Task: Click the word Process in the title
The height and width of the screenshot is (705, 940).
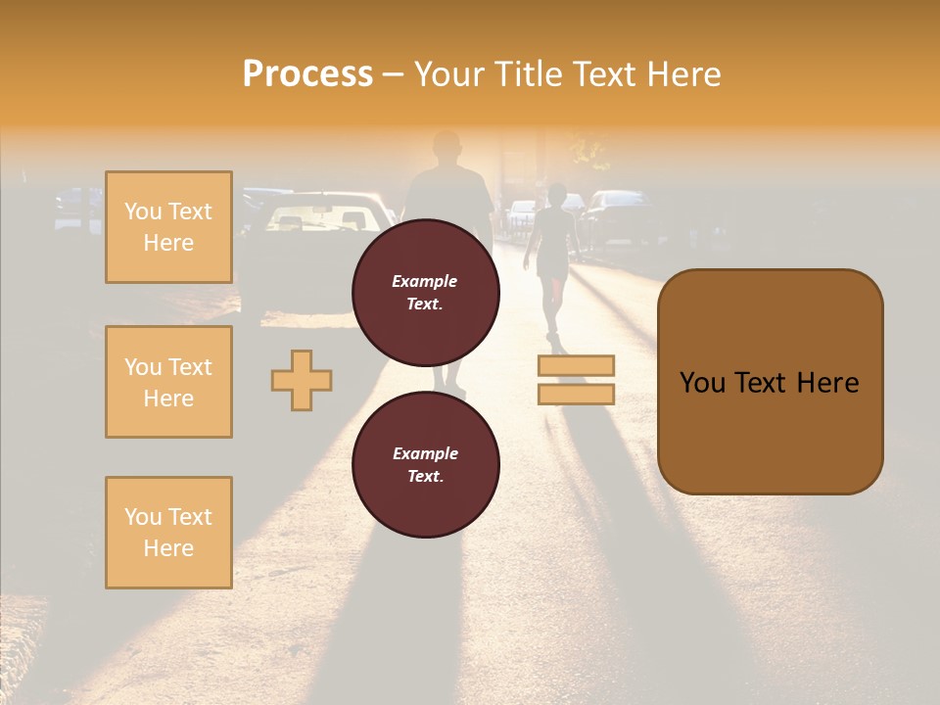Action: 307,74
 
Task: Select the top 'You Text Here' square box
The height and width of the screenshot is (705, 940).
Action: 168,227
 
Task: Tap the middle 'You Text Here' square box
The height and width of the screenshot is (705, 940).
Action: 168,382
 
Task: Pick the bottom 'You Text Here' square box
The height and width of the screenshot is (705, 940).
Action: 168,533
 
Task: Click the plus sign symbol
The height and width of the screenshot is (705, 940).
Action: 302,380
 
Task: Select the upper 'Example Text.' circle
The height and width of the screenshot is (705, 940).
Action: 425,293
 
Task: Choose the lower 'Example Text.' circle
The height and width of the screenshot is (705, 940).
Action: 425,465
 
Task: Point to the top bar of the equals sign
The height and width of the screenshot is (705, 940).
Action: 576,366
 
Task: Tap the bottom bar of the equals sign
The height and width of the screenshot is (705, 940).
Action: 576,394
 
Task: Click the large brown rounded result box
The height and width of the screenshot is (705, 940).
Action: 770,382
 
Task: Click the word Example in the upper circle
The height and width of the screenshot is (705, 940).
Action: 425,282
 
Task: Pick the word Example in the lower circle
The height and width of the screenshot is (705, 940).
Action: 425,454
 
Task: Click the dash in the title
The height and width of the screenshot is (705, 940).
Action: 393,75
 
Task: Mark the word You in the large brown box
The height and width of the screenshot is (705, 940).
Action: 702,383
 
